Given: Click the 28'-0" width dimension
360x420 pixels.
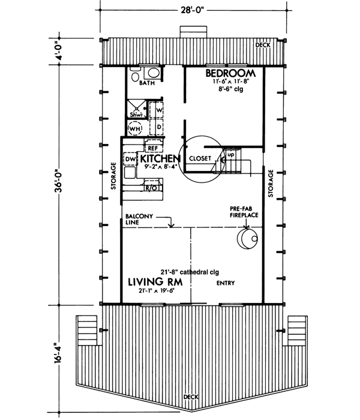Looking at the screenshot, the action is coord(193,10).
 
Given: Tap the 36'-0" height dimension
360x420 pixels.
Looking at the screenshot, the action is coord(58,181).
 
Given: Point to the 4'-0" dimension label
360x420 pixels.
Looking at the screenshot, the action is coord(58,50).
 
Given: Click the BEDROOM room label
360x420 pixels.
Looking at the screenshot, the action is coord(230,73).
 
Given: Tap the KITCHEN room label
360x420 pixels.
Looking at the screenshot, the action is coord(160,158).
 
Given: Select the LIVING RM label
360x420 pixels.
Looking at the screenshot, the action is coord(155,282).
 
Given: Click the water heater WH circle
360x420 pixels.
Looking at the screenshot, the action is coord(135,129).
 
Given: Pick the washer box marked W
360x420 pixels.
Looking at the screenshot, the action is coord(156,110).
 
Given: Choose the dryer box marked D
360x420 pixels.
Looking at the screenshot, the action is coord(156,127).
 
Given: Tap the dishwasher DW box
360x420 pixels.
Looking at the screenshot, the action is coord(130,159).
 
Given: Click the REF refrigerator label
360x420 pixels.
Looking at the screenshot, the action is coord(153,148).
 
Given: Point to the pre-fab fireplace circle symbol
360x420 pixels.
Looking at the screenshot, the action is coord(248,238).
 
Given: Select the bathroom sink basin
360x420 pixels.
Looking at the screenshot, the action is coord(153,73).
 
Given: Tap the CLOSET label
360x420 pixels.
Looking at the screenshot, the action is coord(200,158).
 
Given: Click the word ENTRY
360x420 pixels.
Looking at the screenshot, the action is coord(226,283).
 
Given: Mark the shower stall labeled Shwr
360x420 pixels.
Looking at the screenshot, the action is coord(137,109).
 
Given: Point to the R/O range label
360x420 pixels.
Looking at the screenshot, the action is coord(151,188).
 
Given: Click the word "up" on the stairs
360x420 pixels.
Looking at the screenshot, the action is coord(230,155).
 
